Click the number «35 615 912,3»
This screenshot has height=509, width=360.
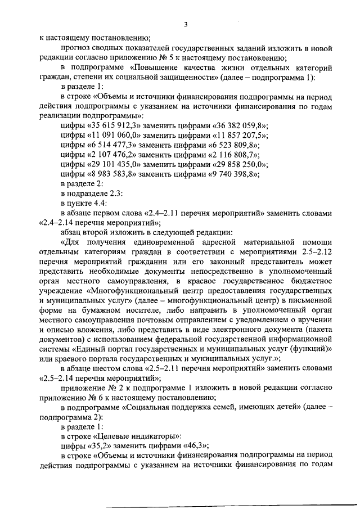(x=115, y=125)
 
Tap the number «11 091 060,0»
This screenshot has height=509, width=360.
(x=115, y=135)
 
